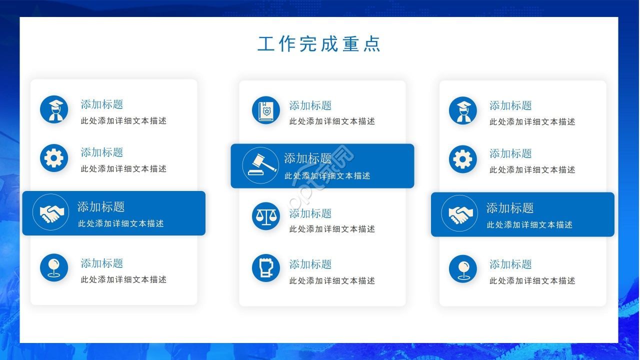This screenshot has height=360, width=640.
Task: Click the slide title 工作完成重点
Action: (319, 44)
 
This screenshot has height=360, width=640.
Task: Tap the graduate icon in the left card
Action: (54, 109)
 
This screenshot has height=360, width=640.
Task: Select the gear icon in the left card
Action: (54, 158)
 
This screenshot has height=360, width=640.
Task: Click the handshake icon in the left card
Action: (51, 212)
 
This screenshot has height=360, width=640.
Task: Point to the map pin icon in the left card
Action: (54, 267)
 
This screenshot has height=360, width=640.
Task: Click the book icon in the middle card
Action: (266, 110)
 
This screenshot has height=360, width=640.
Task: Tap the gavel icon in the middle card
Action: (260, 165)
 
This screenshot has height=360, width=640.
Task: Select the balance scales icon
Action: (266, 216)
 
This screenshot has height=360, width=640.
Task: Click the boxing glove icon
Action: (266, 268)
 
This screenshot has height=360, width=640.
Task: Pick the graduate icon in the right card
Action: (463, 110)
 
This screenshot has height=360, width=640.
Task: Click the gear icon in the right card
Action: (463, 159)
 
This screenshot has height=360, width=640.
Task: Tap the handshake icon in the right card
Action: (459, 213)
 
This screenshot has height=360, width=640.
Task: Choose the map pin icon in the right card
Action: (463, 269)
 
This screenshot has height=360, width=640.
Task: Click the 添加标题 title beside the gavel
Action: (307, 158)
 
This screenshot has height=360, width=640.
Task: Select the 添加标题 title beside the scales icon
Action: (310, 213)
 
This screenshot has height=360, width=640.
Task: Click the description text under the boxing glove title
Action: (332, 281)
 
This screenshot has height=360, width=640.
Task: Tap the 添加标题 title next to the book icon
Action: (310, 105)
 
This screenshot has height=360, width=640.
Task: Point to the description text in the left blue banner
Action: (121, 223)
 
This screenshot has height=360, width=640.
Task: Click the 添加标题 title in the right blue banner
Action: (510, 208)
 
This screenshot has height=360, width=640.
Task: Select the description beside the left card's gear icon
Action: (123, 169)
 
